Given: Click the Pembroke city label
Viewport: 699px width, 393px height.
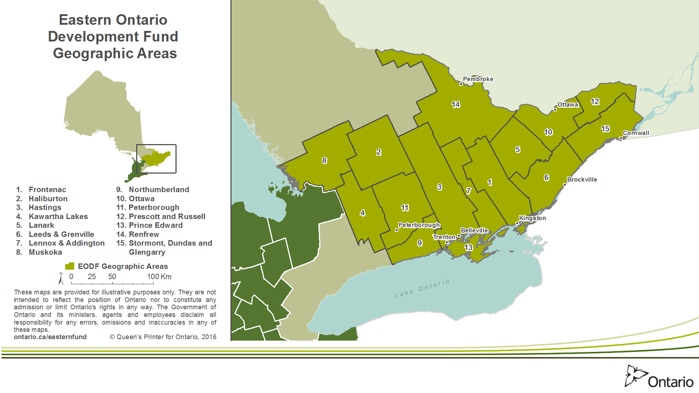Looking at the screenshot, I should [x=478, y=79].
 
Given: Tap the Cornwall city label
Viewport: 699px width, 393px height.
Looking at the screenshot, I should [x=636, y=133].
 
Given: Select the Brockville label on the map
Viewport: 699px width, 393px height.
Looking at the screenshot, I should [x=582, y=179].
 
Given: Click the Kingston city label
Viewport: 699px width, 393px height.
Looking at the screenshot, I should [x=532, y=218].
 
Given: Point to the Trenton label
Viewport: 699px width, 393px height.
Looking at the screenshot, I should [x=444, y=237].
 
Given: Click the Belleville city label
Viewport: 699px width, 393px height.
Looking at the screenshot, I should [x=474, y=230].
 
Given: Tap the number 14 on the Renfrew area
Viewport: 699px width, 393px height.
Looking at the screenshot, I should [x=455, y=104].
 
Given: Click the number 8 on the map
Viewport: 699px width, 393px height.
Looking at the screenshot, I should [x=324, y=160].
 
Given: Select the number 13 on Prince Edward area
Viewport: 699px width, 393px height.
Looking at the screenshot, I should [x=468, y=247].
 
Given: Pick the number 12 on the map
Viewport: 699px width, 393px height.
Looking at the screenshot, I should [x=595, y=102].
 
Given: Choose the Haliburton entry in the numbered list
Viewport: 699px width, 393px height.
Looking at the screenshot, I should [x=48, y=199].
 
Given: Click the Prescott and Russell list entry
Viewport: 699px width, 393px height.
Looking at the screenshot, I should [x=167, y=217].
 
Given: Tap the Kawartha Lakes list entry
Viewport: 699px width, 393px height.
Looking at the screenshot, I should [x=58, y=217].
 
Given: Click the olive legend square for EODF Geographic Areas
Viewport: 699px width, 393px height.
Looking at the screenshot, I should [x=70, y=266].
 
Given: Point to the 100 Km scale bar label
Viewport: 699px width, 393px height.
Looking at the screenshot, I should [x=159, y=277].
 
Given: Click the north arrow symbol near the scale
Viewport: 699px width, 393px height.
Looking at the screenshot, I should [x=61, y=278].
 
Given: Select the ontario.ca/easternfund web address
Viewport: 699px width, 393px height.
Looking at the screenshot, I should [x=50, y=337].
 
